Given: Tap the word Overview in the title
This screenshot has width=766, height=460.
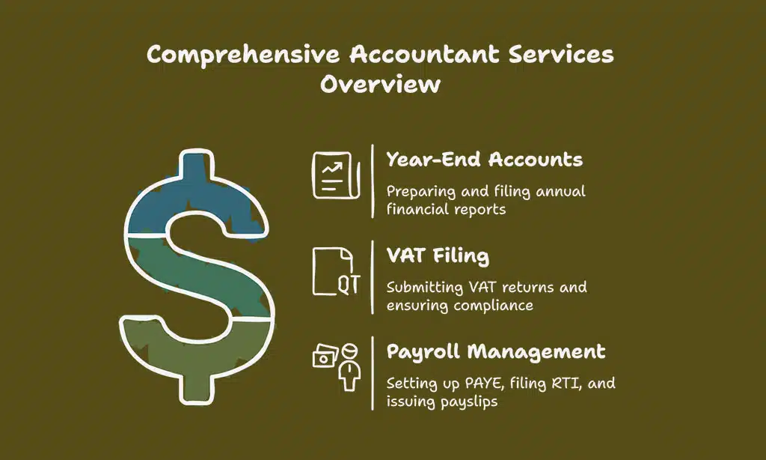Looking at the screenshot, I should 382,83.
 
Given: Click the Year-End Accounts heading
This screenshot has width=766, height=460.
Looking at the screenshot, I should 484,159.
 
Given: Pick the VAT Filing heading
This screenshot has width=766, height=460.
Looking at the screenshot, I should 438,255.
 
